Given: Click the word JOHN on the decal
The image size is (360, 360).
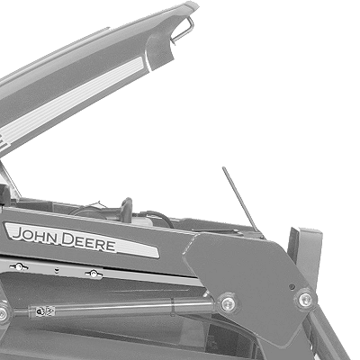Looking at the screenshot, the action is tap(35, 235).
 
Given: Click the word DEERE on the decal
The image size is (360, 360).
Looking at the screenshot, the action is tap(88, 242).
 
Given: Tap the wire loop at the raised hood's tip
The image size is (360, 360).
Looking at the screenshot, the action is tap(183, 30).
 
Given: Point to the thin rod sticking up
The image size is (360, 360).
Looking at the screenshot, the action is tap(240, 199).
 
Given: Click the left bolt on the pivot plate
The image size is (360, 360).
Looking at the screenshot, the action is tap(228, 303).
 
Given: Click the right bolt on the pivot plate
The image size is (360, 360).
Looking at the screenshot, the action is tap(305, 299).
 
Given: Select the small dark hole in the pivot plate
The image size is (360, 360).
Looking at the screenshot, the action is tap(292, 287).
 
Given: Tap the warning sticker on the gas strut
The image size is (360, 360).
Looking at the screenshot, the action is tap(45, 311).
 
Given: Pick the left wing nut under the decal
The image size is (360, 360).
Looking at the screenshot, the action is tap(19, 266).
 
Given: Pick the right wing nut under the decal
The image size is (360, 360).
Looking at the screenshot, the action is tap(94, 274).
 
